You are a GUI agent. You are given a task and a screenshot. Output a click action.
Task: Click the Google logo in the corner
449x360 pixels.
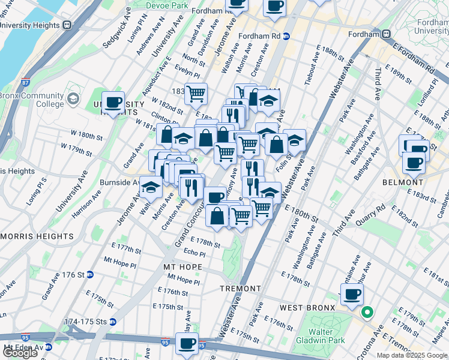[x=20, y=353]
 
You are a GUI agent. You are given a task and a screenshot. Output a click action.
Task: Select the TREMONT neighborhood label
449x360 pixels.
[x=240, y=289]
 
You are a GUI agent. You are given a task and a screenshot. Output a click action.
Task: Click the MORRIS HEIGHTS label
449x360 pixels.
[x=37, y=236]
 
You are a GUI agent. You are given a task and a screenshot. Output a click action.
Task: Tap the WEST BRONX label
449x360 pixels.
[x=307, y=308]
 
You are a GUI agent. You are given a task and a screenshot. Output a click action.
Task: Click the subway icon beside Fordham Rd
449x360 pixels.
[x=287, y=36]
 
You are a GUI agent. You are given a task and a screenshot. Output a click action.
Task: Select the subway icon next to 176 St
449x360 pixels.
[x=90, y=275]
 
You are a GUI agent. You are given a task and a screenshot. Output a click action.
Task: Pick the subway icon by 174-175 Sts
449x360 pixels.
[x=113, y=322]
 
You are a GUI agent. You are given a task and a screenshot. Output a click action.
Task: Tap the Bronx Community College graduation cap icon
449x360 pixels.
[x=73, y=99]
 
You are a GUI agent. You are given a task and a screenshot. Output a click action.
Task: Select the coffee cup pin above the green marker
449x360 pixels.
[x=352, y=294]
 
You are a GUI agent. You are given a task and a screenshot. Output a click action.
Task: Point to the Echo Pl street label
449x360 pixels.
[x=194, y=253]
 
